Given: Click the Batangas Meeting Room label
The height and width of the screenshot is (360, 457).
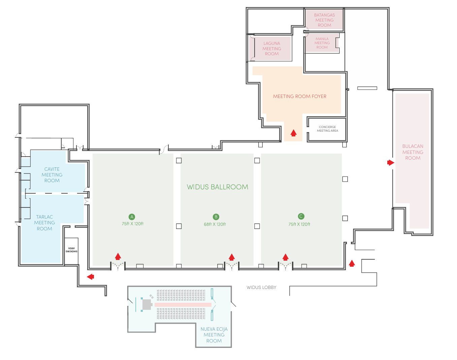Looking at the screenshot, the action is click(324, 20).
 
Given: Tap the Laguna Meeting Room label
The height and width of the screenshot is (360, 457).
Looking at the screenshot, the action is click(272, 48).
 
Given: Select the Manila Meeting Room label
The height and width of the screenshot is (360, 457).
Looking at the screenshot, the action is click(322, 43).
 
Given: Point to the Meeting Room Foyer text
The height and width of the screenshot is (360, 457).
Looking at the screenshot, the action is click(299, 96).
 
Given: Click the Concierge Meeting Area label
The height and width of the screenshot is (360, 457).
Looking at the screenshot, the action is click(327, 129).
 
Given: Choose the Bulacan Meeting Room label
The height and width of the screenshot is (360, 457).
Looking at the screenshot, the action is click(413, 152).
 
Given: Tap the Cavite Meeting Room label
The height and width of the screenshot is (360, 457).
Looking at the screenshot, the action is click(52, 175).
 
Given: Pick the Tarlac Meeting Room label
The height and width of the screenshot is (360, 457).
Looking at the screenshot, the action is click(44, 223).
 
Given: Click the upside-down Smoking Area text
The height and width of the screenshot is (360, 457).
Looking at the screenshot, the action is click(71, 250).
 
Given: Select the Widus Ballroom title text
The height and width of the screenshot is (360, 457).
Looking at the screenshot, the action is click(218, 187).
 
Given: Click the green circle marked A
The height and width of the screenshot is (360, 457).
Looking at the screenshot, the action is click(132, 217).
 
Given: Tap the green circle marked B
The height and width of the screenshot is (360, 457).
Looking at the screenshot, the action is click(216, 217).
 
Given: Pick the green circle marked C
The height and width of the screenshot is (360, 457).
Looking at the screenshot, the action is click(301, 217).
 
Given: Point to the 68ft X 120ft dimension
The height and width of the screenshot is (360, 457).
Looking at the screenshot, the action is click(215, 224).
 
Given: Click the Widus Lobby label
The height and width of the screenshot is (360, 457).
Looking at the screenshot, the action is click(261, 287).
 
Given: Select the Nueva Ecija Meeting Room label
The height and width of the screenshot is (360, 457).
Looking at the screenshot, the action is click(214, 335).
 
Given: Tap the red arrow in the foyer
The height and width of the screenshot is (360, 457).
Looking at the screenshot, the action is click(293, 133).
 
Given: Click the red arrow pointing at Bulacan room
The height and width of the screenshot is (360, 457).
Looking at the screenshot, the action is click(391, 163).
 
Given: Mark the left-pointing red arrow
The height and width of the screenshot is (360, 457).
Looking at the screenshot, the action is click(91, 277).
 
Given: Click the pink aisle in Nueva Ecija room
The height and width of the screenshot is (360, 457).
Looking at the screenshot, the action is click(183, 305).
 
